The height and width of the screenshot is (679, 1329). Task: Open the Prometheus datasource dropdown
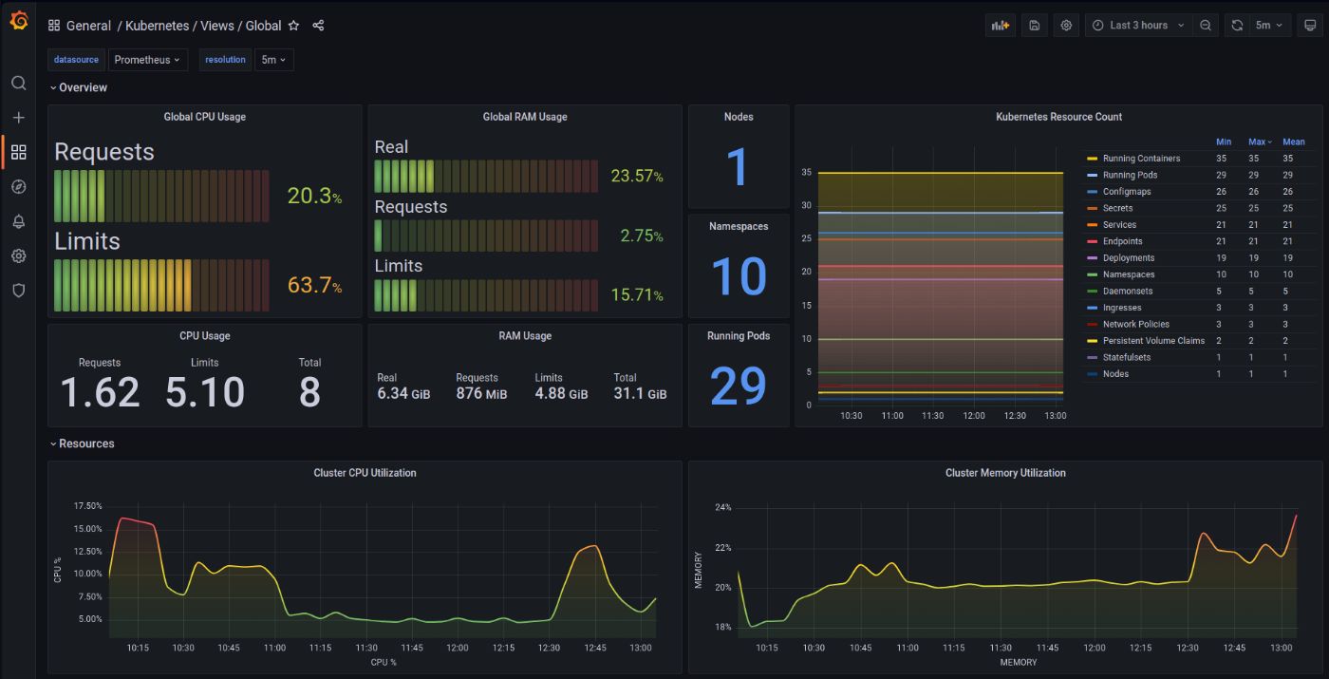coord(147,60)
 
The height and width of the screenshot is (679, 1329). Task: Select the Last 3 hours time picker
coord(1138,26)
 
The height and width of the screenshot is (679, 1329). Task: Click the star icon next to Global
coord(294,26)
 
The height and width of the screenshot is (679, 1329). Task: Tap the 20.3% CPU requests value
coord(314,197)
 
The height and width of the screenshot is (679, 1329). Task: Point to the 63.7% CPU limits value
coord(314,285)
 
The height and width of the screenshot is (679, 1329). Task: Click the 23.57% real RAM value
coord(636,176)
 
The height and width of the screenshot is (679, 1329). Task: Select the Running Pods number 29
coord(738,387)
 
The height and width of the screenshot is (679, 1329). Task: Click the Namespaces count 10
coord(738,276)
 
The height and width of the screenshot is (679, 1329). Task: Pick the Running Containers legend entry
coord(1141,159)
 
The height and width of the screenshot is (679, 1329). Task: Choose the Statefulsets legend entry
coord(1126,357)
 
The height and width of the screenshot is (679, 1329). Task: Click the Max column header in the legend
coord(1259,141)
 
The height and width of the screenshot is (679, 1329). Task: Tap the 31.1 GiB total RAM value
coord(639,393)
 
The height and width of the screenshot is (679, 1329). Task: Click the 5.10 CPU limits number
coord(204,392)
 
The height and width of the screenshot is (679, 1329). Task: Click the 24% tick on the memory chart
coord(723,507)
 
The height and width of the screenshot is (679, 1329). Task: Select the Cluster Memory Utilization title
coord(1004,473)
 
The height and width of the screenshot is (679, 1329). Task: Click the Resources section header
coord(86,443)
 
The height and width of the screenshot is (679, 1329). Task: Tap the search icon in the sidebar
coord(18,84)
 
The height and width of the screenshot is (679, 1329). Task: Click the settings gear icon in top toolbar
coord(1066,26)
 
